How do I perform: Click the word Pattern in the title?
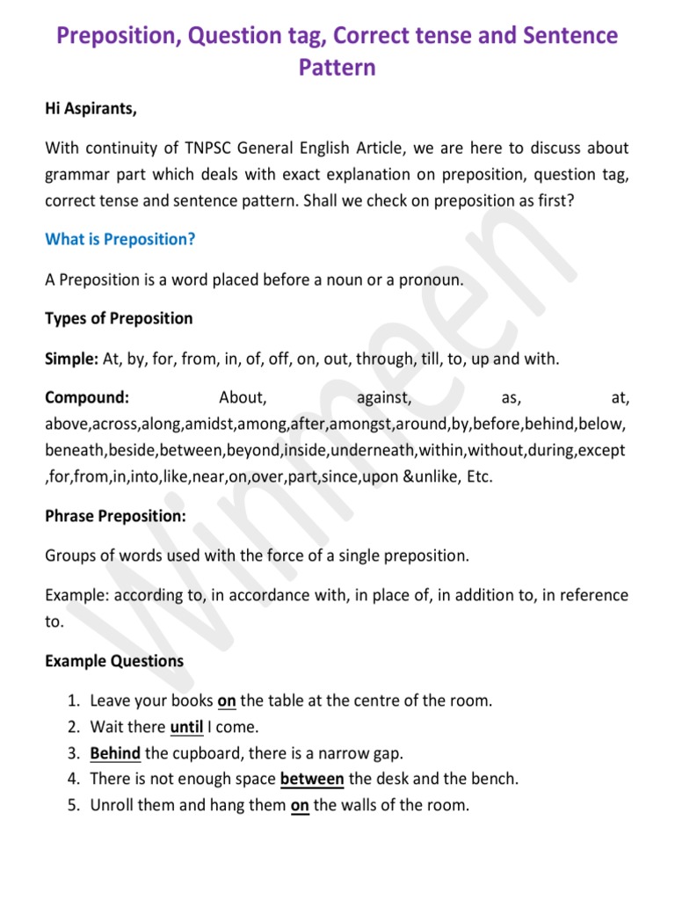[337, 67]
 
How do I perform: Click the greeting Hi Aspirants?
[91, 110]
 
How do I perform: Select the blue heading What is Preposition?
[120, 239]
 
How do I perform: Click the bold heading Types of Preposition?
[119, 317]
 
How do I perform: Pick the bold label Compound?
[87, 398]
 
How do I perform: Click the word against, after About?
[384, 398]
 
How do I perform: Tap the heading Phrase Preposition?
[115, 516]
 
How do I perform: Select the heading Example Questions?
[114, 661]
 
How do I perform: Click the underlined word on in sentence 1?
[227, 701]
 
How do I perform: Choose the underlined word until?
[186, 727]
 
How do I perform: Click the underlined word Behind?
[115, 752]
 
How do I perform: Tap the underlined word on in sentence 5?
[300, 804]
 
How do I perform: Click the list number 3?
[72, 752]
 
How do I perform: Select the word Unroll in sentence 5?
[113, 804]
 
